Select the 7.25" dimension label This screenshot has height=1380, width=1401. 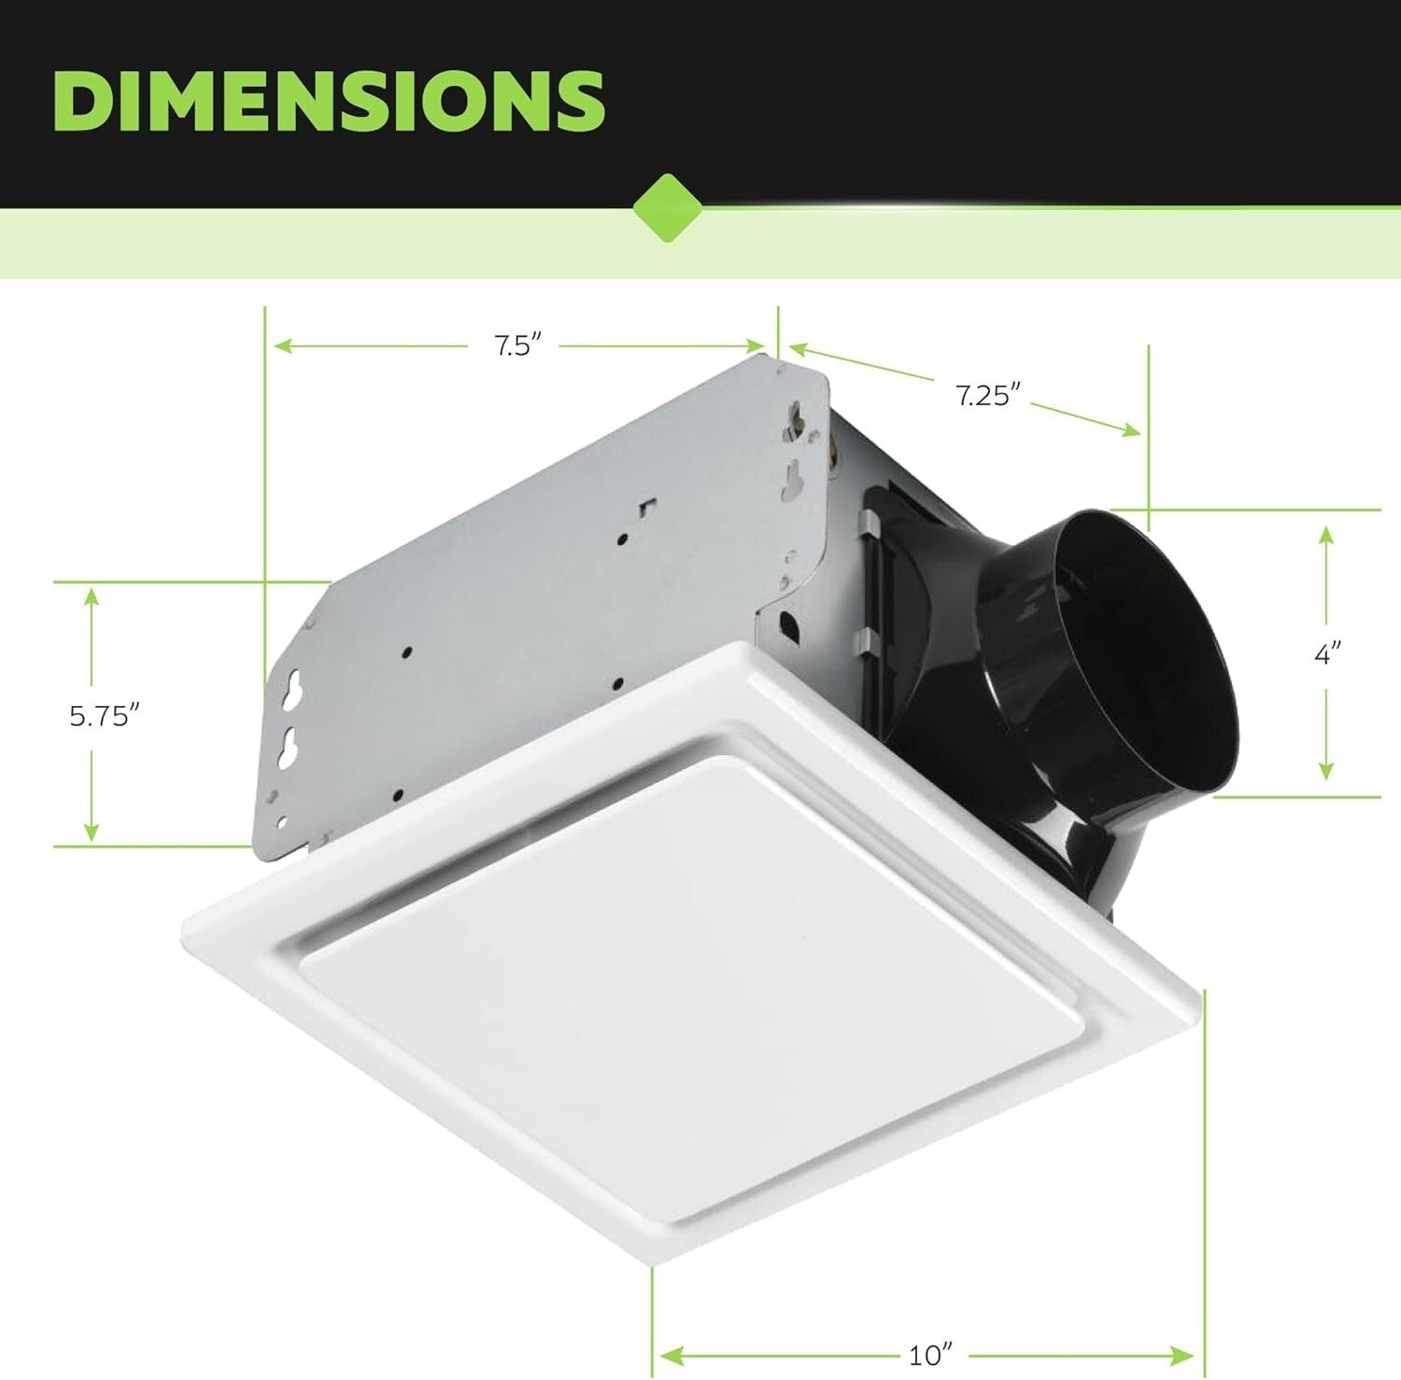tap(983, 395)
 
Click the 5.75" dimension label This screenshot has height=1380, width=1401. tap(105, 716)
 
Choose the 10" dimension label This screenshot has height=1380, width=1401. tap(931, 1353)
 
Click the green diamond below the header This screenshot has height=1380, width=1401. tap(667, 207)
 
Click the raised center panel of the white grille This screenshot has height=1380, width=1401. tap(691, 980)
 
